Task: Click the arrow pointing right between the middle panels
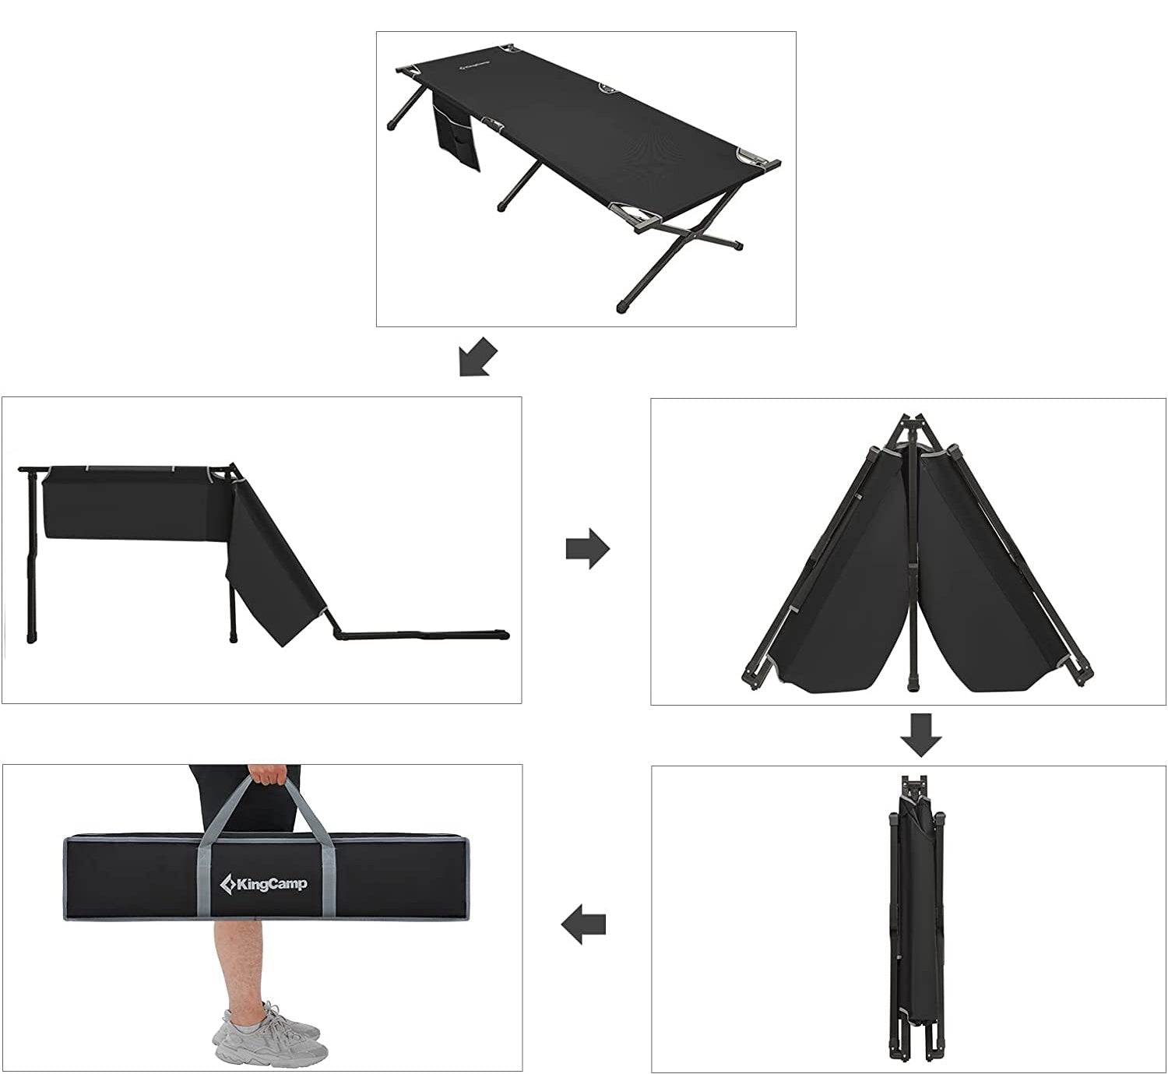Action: tap(587, 548)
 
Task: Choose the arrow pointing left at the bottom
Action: tap(583, 923)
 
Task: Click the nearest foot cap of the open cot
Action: tap(624, 306)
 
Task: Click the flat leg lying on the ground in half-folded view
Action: tap(419, 634)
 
